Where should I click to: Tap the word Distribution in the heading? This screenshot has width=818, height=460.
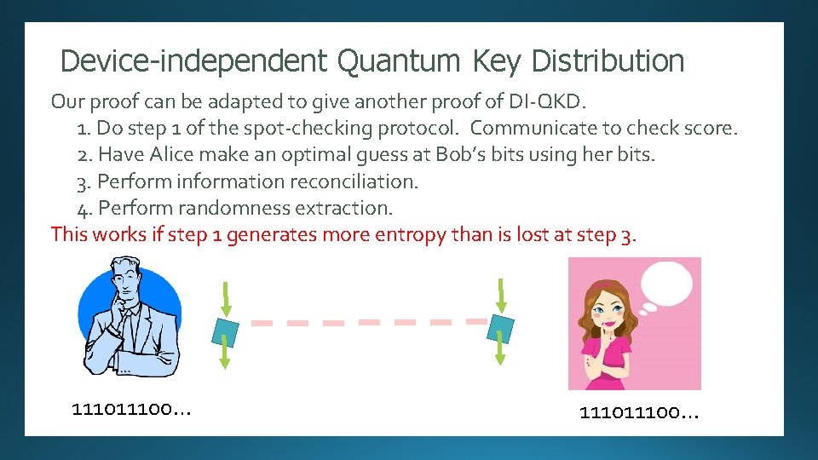coord(608,61)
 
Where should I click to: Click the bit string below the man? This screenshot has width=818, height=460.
coord(132,410)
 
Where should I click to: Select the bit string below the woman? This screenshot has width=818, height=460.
coord(639,413)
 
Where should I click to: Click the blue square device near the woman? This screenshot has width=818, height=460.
coord(501,328)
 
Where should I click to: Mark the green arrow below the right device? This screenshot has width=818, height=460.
coord(501,354)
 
